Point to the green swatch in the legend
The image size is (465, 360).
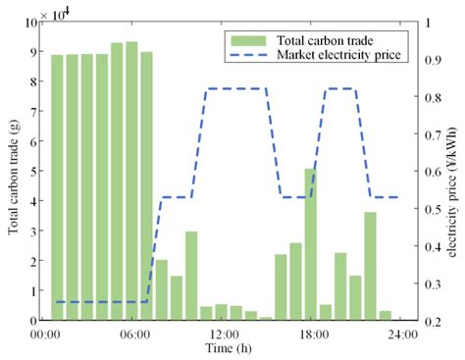pyautogui.click(x=242, y=40)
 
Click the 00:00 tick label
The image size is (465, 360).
pyautogui.click(x=47, y=334)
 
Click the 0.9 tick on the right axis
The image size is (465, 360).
pyautogui.click(x=425, y=60)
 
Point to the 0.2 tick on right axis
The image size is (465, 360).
pyautogui.click(x=425, y=321)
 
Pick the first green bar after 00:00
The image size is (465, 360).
pyautogui.click(x=57, y=187)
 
